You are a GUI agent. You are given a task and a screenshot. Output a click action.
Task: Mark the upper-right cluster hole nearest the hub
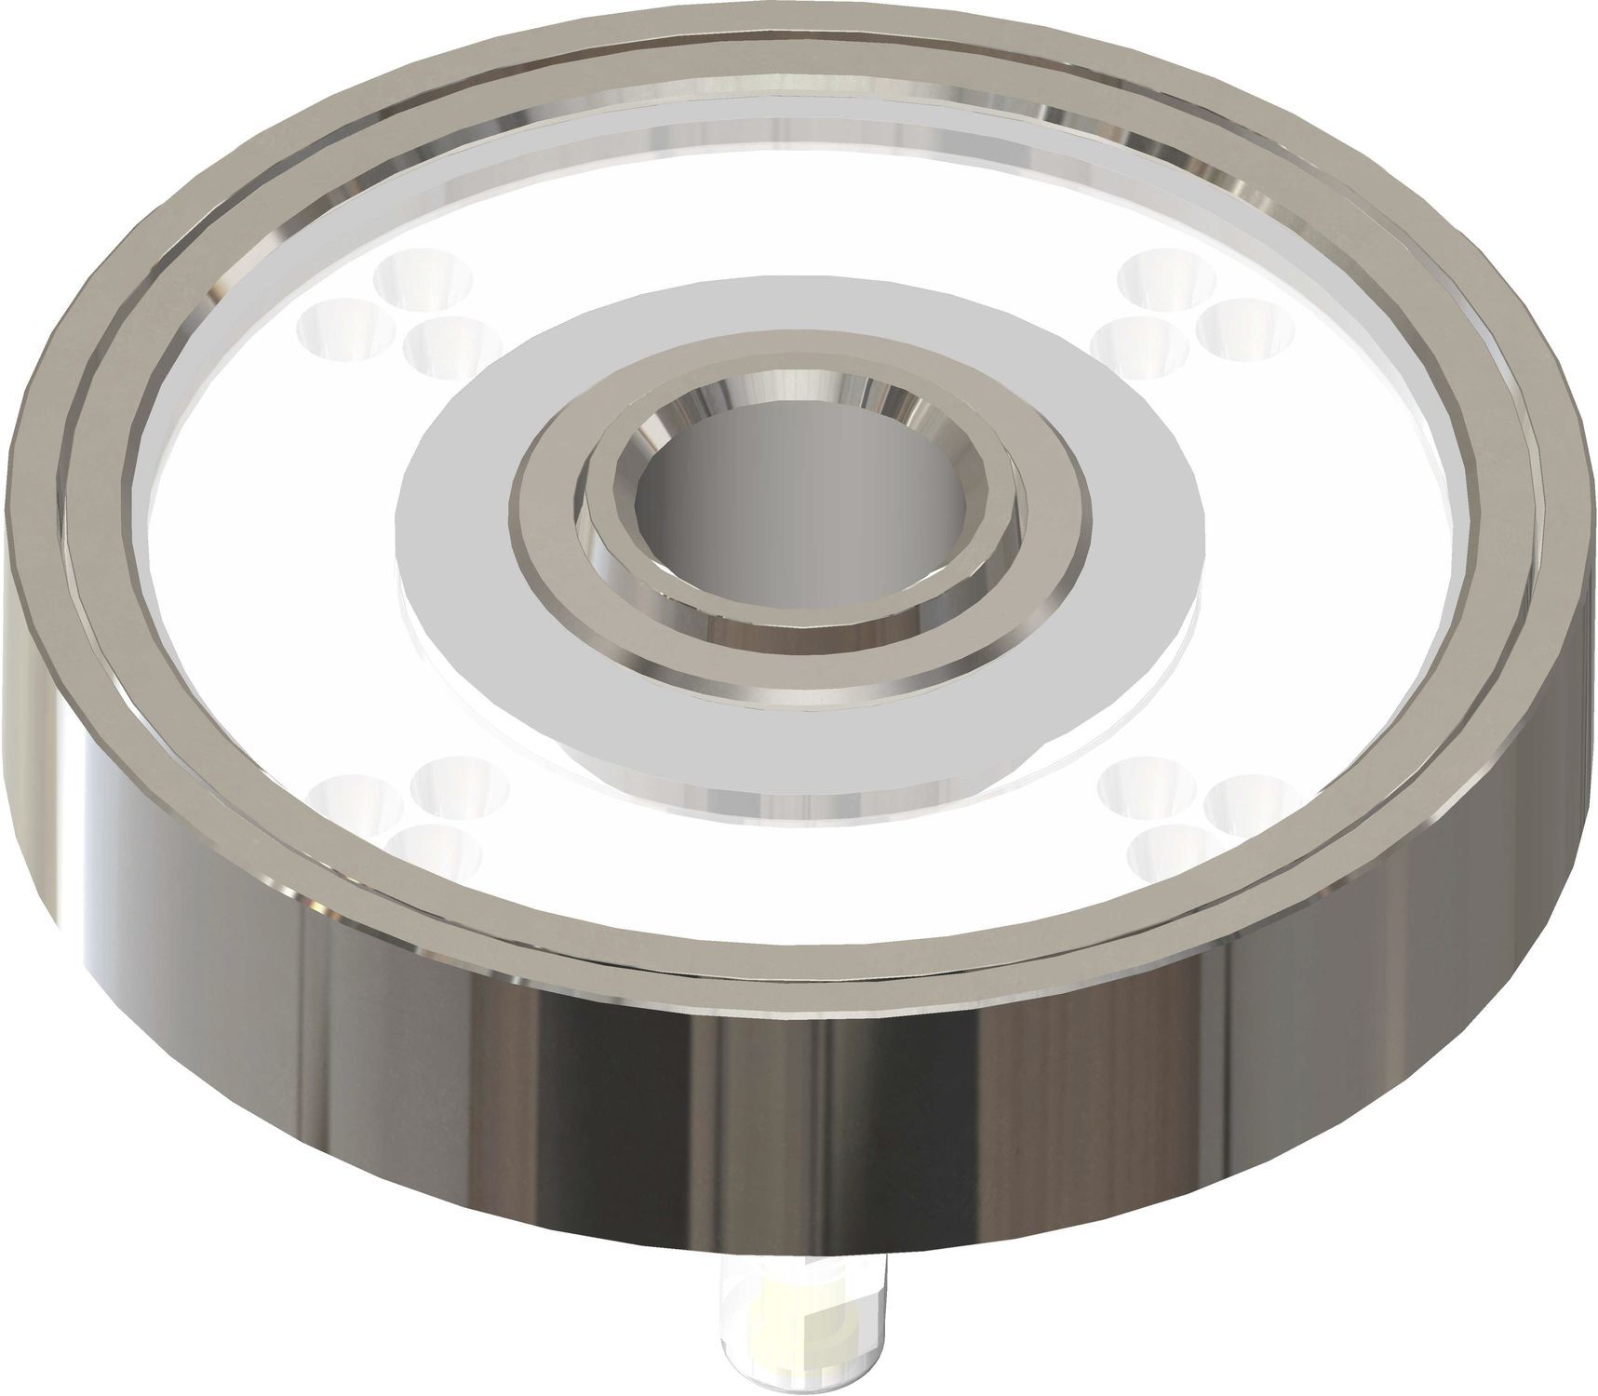1140,344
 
